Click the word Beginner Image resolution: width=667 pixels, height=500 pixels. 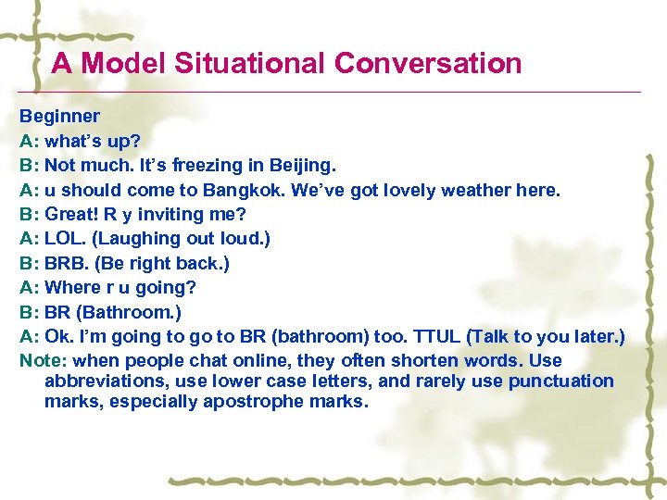point(60,117)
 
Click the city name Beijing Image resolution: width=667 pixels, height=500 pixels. point(302,166)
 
